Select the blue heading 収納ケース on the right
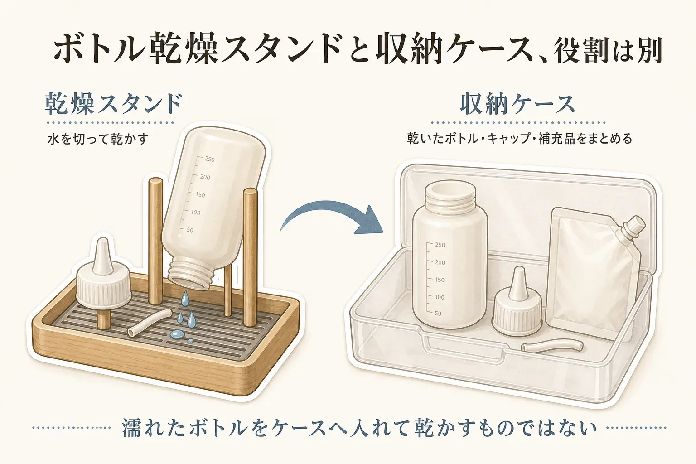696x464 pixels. [517, 104]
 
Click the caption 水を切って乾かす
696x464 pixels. [98, 139]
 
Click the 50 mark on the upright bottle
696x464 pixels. [438, 314]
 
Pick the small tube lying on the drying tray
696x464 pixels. [150, 323]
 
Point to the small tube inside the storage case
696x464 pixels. [552, 346]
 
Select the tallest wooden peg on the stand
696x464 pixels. [155, 241]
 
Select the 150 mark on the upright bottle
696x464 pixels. [440, 280]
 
